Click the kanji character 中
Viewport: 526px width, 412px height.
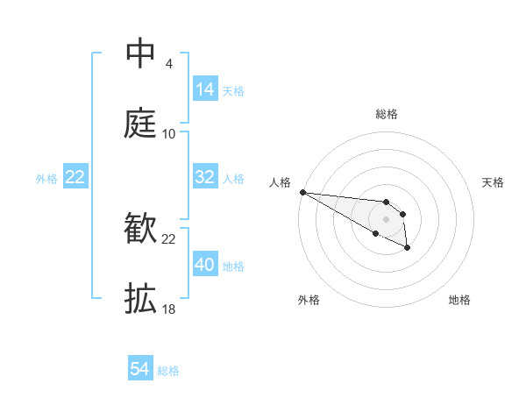point(140,53)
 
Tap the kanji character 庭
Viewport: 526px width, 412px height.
point(140,124)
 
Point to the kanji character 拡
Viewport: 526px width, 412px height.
point(140,299)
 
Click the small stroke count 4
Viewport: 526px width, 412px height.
point(168,64)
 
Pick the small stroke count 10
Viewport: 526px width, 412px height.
point(169,134)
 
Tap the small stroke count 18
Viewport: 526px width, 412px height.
point(169,309)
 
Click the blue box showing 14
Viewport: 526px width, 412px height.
point(205,89)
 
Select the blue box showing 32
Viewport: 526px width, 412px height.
point(205,177)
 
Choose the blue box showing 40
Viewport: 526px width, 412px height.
point(205,265)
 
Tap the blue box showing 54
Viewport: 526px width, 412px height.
point(140,370)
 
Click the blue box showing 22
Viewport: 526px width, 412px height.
point(75,177)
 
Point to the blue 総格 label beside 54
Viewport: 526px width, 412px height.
point(168,371)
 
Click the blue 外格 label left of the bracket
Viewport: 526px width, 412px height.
point(46,178)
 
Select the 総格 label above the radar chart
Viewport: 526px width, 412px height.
point(387,114)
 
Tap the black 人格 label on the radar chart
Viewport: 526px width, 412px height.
point(280,181)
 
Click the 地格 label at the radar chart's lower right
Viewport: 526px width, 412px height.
point(459,300)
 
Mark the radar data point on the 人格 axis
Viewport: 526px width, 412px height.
point(302,192)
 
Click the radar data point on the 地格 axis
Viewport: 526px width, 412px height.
point(408,249)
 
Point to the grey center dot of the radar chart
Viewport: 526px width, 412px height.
point(386,219)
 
